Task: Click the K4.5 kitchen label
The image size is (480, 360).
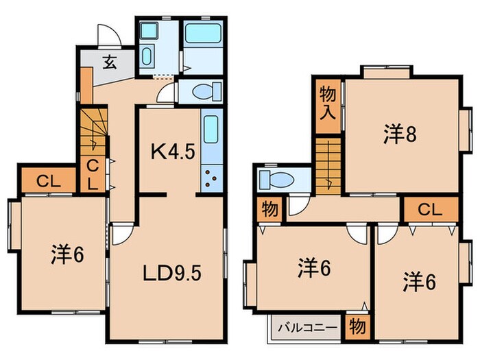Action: [x=168, y=150]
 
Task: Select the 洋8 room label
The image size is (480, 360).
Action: [x=399, y=134]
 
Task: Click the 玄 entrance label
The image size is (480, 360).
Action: [x=109, y=62]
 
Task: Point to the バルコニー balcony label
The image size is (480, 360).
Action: [x=307, y=327]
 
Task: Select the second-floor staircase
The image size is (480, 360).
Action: [x=329, y=165]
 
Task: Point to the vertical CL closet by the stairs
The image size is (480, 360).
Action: [x=91, y=173]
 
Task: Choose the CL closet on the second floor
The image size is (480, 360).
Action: [x=430, y=208]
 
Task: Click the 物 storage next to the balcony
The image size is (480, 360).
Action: [x=357, y=327]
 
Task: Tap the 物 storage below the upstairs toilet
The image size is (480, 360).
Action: [x=269, y=209]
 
